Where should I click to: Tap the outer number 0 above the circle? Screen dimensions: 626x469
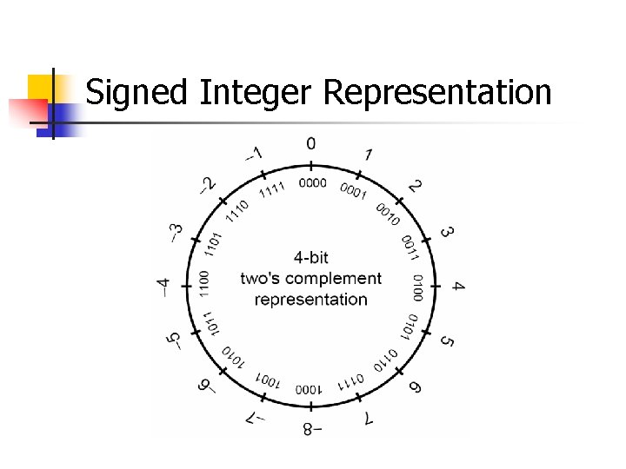coord(311,143)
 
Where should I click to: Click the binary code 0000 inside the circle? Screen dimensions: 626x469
coord(312,183)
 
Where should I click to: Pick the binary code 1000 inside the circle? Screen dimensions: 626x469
coord(310,389)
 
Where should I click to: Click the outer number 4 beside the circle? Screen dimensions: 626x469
coord(456,287)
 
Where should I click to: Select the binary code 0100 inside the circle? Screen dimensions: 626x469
coord(417,287)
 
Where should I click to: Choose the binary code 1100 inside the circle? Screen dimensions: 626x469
coord(204,281)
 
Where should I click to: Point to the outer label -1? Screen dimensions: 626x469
coord(254,154)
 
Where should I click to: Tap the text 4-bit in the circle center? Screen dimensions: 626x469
coord(311,258)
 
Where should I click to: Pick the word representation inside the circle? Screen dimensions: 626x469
coord(310,300)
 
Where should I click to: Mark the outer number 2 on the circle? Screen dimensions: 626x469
coord(415,186)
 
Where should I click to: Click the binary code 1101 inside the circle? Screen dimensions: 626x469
coord(214,244)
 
